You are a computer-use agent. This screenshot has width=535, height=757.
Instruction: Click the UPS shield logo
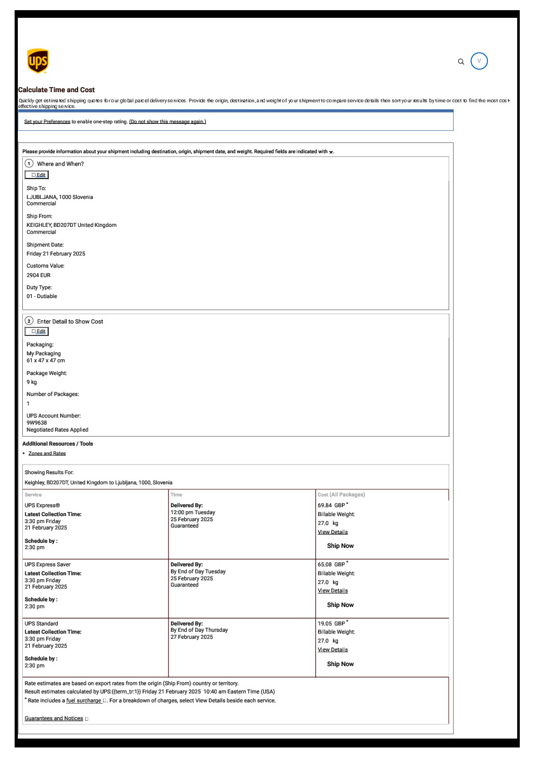point(38,61)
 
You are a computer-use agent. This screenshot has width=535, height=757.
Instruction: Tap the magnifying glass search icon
point(461,62)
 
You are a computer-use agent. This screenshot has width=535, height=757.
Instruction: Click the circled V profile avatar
point(479,61)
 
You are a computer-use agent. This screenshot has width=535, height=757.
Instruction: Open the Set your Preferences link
point(47,121)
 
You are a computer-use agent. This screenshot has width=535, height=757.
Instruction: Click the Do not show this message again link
point(168,121)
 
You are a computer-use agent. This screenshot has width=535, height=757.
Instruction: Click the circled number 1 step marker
point(29,163)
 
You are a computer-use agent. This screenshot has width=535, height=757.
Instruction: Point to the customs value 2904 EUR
point(38,275)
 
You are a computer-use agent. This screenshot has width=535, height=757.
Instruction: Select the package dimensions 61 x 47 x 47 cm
point(46,360)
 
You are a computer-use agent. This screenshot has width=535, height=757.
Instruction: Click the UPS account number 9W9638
point(37,423)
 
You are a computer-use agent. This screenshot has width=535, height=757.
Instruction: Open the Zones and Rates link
point(47,453)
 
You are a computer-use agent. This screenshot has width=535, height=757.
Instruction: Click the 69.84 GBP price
point(331,505)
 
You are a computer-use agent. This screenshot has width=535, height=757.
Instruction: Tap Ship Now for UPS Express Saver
point(340,605)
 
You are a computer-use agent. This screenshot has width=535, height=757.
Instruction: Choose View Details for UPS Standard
point(332,650)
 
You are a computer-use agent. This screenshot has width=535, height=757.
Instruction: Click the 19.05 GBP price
point(331,624)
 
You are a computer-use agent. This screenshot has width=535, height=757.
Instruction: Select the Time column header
point(177,494)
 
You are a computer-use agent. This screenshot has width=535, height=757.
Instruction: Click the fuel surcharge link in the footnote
point(83,700)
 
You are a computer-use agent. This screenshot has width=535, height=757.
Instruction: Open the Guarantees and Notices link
point(53,718)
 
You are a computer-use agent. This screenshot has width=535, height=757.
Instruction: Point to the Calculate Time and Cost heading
point(57,90)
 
